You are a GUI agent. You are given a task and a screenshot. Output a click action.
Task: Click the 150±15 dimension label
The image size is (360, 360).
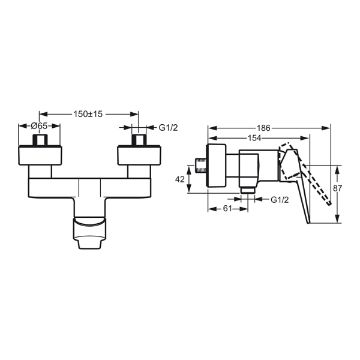click(88, 114)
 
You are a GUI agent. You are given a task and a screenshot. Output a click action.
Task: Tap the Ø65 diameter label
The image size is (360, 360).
click(39, 126)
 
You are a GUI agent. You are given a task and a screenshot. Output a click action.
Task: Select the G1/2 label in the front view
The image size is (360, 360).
click(168, 128)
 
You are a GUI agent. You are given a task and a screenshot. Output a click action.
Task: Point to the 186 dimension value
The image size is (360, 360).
click(263, 128)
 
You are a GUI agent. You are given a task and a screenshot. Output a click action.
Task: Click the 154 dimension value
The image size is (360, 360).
click(254, 138)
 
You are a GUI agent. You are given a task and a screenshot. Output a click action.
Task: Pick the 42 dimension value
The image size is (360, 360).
click(180, 179)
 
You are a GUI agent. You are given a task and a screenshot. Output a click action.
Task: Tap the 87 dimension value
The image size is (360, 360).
click(337, 188)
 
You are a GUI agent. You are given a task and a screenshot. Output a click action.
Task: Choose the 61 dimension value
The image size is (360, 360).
click(227, 209)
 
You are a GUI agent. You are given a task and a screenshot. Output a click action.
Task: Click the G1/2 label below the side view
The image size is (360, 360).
click(280, 200)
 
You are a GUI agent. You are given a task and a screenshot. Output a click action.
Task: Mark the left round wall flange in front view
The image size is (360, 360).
click(40, 155)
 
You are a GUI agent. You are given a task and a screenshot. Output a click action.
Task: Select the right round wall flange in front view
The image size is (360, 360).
click(139, 155)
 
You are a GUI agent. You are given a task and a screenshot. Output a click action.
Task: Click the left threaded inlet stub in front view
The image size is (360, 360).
click(40, 140)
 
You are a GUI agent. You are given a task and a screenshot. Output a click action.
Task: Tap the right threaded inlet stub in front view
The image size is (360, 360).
click(139, 140)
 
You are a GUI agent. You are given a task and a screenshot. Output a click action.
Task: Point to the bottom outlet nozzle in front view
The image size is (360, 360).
click(90, 233)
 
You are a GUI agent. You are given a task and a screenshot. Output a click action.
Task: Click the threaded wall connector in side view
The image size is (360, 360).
click(201, 166)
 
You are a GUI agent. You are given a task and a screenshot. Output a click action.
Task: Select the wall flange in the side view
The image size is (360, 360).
click(217, 166)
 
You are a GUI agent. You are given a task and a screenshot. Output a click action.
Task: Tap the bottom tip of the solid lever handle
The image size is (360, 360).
click(308, 223)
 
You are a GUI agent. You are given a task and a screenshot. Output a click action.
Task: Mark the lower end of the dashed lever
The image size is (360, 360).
click(330, 203)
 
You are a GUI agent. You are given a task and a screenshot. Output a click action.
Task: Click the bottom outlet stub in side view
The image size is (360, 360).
click(248, 190)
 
